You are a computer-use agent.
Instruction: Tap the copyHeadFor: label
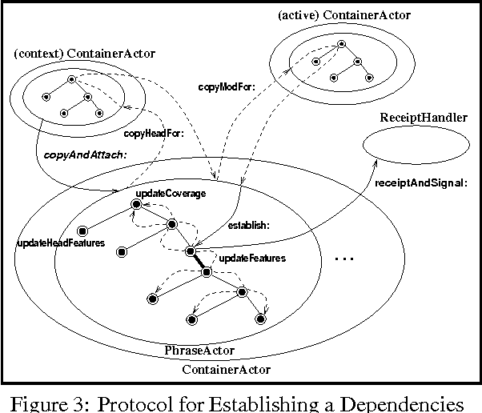click(155, 134)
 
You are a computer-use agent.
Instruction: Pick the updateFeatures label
click(252, 259)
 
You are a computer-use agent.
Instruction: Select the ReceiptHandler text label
click(424, 118)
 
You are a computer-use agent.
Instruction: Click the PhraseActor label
click(191, 351)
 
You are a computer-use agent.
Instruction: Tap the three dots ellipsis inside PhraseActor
click(343, 259)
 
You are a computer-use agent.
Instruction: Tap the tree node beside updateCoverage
click(136, 206)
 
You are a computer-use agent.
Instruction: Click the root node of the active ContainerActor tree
click(342, 44)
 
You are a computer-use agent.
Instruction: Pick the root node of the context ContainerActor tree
click(71, 79)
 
